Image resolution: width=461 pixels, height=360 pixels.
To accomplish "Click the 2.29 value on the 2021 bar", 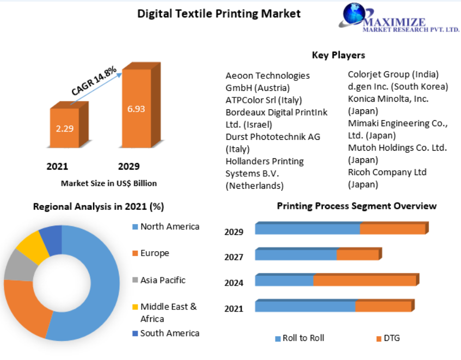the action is (65, 129).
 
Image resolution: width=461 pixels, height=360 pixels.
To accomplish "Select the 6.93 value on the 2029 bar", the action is (136, 109).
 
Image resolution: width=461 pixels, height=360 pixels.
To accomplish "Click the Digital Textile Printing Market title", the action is (219, 14).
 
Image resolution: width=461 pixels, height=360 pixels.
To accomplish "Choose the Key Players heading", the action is (339, 55).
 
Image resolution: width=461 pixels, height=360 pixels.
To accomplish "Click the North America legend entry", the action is (166, 227).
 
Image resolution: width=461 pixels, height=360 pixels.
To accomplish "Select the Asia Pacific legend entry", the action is (159, 280).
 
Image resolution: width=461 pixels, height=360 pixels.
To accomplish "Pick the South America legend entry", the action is (166, 333).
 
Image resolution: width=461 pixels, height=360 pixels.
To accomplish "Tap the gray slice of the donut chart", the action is (20, 266).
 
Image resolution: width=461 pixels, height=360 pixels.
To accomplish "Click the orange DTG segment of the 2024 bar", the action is (365, 280).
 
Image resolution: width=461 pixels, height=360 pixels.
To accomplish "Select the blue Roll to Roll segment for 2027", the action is (296, 255).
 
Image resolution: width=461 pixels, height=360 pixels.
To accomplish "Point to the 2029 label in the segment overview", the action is (233, 232).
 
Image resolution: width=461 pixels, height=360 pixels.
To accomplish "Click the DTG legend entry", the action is (388, 338).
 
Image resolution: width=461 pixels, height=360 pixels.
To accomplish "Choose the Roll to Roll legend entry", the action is (299, 338).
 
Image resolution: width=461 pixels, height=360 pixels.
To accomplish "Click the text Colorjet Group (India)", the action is (394, 75).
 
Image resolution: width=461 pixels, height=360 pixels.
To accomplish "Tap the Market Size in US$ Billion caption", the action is (109, 183).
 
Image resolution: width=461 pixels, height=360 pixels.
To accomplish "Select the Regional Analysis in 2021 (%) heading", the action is (99, 207).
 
